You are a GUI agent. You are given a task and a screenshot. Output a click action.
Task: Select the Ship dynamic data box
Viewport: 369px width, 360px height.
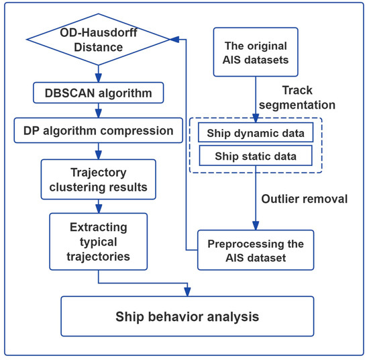point(256,132)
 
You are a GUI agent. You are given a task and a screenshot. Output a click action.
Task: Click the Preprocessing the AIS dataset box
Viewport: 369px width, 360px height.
point(256,250)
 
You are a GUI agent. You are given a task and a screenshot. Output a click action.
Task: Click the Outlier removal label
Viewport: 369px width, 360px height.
point(303,199)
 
